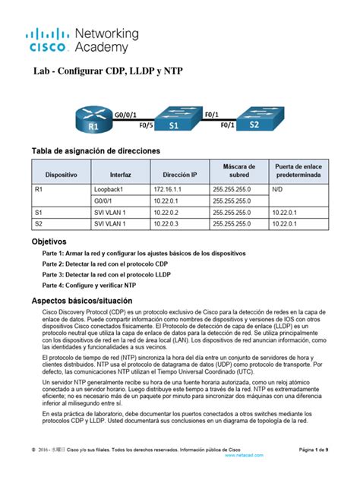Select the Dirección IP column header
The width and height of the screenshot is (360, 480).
point(180,174)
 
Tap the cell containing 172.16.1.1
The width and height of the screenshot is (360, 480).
point(169,188)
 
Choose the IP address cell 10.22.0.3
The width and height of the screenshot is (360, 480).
point(169,225)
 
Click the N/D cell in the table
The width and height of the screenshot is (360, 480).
point(279,188)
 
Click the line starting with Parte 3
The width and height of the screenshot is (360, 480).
point(118,273)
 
